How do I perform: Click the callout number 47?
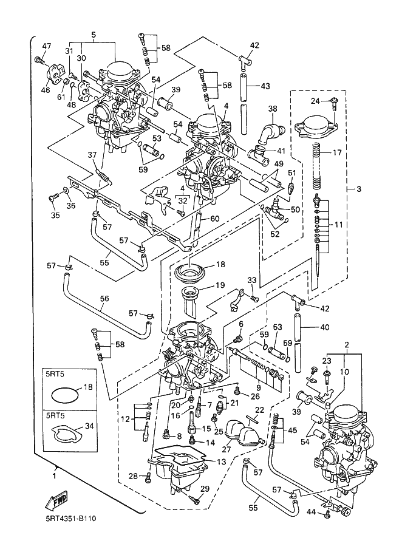click(47, 47)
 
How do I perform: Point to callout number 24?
click(316, 101)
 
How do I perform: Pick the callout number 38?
click(273, 109)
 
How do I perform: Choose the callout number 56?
click(104, 298)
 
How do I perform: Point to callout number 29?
click(205, 489)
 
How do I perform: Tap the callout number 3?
click(358, 189)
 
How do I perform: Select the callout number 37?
click(92, 155)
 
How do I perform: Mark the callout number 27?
click(227, 450)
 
